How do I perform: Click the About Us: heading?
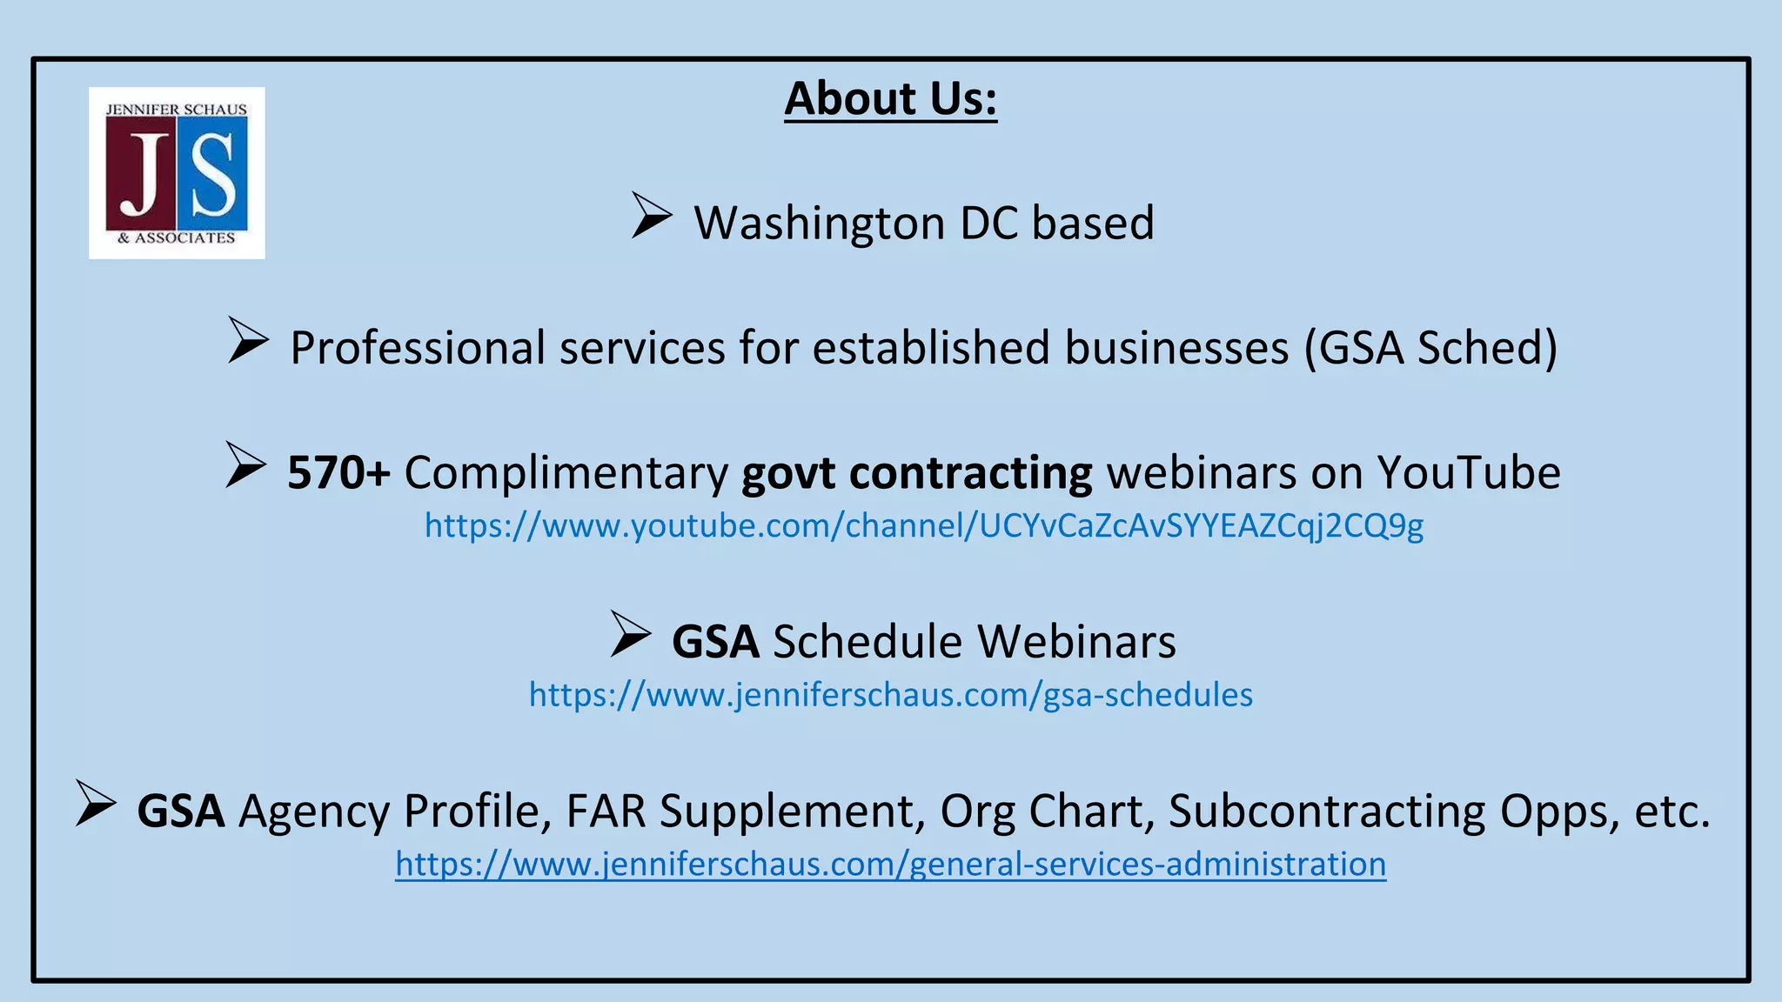click(x=890, y=98)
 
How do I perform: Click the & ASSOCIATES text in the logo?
click(x=177, y=237)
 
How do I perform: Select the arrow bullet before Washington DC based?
click(x=652, y=215)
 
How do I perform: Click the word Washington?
click(x=818, y=224)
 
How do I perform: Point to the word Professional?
click(x=417, y=348)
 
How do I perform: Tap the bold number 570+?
click(x=338, y=472)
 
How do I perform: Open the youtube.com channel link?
click(x=923, y=525)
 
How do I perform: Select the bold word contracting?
click(x=970, y=472)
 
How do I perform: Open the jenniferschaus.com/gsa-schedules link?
click(x=890, y=694)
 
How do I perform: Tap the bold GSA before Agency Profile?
click(x=181, y=811)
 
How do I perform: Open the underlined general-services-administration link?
click(x=890, y=864)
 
